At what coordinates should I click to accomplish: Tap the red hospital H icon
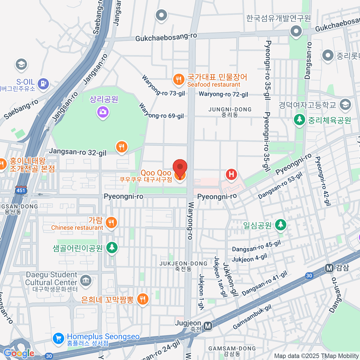pos(231,174)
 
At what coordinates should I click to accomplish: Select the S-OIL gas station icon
pos(44,83)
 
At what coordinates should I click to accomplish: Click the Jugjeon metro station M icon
pos(208,326)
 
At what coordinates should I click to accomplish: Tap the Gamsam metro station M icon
pos(329,268)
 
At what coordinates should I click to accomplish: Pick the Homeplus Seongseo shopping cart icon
pos(58,338)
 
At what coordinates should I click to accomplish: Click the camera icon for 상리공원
pos(103,112)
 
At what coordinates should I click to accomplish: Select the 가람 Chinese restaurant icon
pos(111,223)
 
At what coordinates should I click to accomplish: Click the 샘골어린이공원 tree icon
pos(112,247)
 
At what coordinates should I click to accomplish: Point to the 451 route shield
pos(21,190)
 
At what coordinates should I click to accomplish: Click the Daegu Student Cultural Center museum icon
pos(86,280)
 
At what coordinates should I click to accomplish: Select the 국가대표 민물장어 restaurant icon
pos(178,79)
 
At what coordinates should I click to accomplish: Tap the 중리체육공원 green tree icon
pos(299,120)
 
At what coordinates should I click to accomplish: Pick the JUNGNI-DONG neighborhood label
pos(230,112)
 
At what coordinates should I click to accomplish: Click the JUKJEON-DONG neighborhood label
pos(183,266)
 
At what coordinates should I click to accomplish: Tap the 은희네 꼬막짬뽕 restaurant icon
pos(142,299)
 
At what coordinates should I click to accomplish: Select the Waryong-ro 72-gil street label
pos(223,94)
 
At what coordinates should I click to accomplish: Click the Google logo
pos(19,353)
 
